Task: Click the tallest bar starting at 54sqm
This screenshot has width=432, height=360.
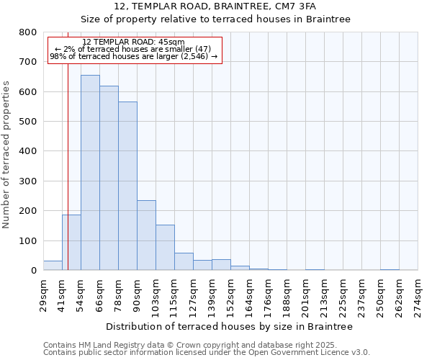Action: pyautogui.click(x=90, y=173)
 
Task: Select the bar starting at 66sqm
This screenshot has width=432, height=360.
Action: pyautogui.click(x=109, y=179)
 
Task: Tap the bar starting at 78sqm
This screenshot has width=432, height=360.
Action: pyautogui.click(x=127, y=186)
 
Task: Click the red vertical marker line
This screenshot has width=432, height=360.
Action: pyautogui.click(x=68, y=180)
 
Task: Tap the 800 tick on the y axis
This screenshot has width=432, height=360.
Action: pyautogui.click(x=28, y=32)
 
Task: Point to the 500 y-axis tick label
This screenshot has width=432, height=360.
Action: pyautogui.click(x=28, y=122)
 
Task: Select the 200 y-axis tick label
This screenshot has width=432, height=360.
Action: pyautogui.click(x=28, y=211)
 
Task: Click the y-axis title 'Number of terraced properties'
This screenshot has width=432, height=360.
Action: pyautogui.click(x=7, y=154)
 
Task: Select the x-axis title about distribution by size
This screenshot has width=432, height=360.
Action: pyautogui.click(x=229, y=327)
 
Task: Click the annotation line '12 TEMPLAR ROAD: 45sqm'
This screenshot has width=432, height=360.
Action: pyautogui.click(x=133, y=42)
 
